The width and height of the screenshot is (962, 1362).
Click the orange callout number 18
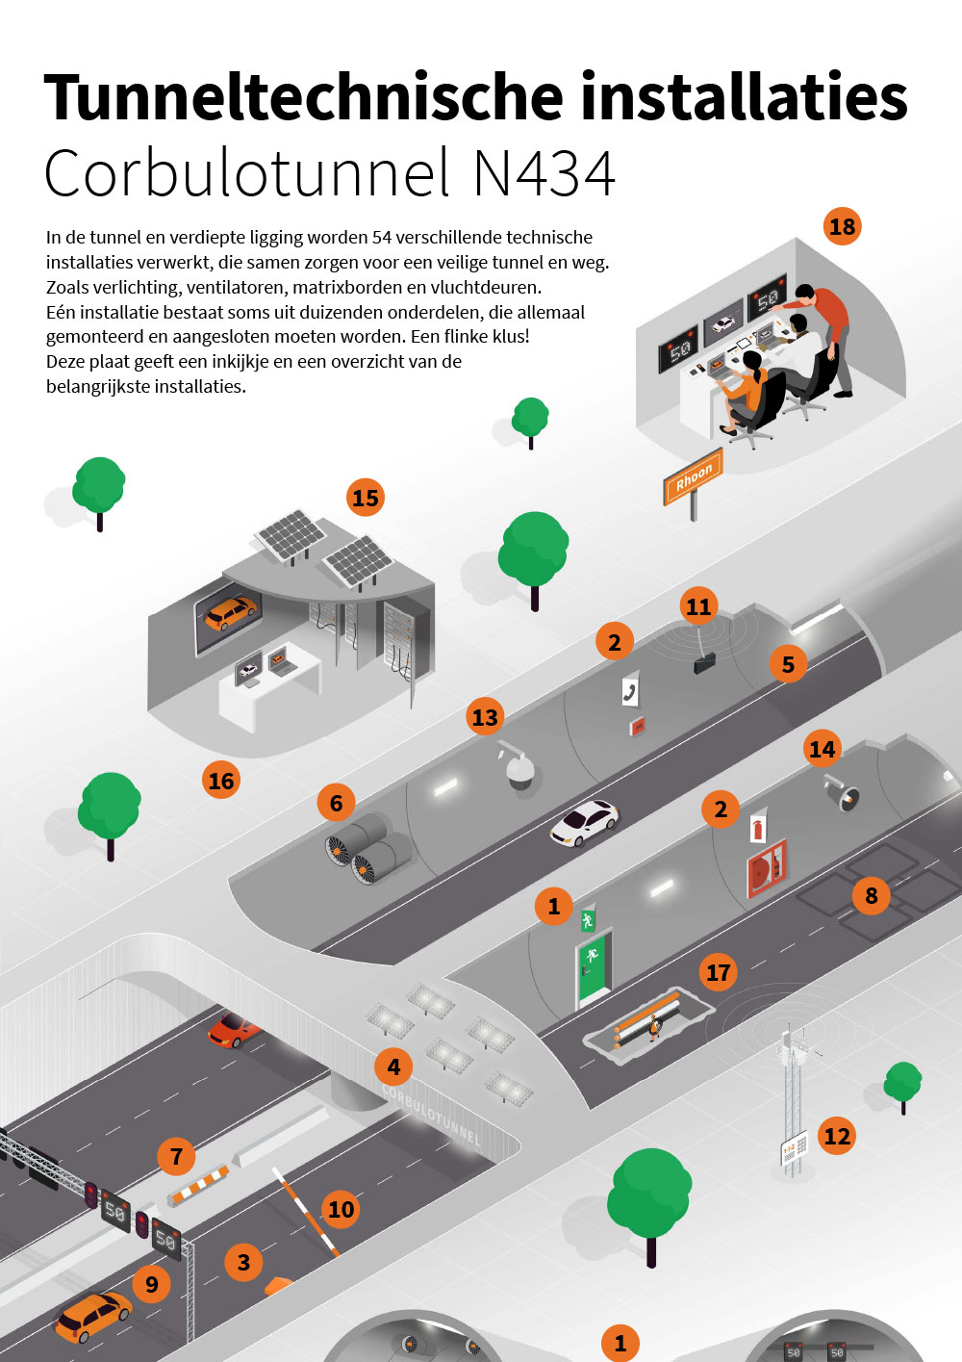point(842,227)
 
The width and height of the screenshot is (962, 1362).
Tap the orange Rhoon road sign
point(693,475)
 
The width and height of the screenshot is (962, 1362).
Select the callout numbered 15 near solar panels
point(366,498)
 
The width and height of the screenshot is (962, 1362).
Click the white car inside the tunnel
point(584,822)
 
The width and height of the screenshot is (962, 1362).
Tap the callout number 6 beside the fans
point(336,803)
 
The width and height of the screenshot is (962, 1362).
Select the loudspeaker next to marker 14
point(844,794)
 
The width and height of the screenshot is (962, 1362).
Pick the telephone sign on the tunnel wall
point(630,691)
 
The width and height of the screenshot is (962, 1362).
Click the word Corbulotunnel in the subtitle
point(246,174)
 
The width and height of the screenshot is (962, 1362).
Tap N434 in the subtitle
point(544,174)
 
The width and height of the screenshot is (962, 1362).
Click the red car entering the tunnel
point(232,1030)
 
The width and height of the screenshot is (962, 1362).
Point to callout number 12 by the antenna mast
point(837,1136)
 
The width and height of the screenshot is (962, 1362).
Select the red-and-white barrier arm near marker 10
point(306,1212)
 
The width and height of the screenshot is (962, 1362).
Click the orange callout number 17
point(719,972)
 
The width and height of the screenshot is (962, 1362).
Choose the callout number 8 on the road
point(871,896)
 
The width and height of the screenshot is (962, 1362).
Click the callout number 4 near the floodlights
point(393,1066)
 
